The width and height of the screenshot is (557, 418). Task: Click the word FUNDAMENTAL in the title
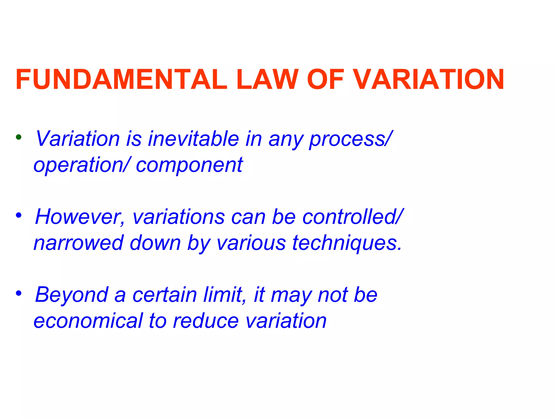coord(121,79)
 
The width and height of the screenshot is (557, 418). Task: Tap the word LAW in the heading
coord(267,79)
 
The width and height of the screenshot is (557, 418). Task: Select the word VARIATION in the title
coord(429,79)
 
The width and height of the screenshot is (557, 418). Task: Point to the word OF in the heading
coord(325,79)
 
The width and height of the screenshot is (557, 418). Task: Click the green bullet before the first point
coord(18,137)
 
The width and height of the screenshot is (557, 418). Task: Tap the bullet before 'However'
coord(18,216)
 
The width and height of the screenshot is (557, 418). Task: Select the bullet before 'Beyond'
coord(18,293)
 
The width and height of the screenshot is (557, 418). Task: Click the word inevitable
coord(193,139)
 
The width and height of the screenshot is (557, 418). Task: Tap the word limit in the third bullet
coord(225,295)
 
